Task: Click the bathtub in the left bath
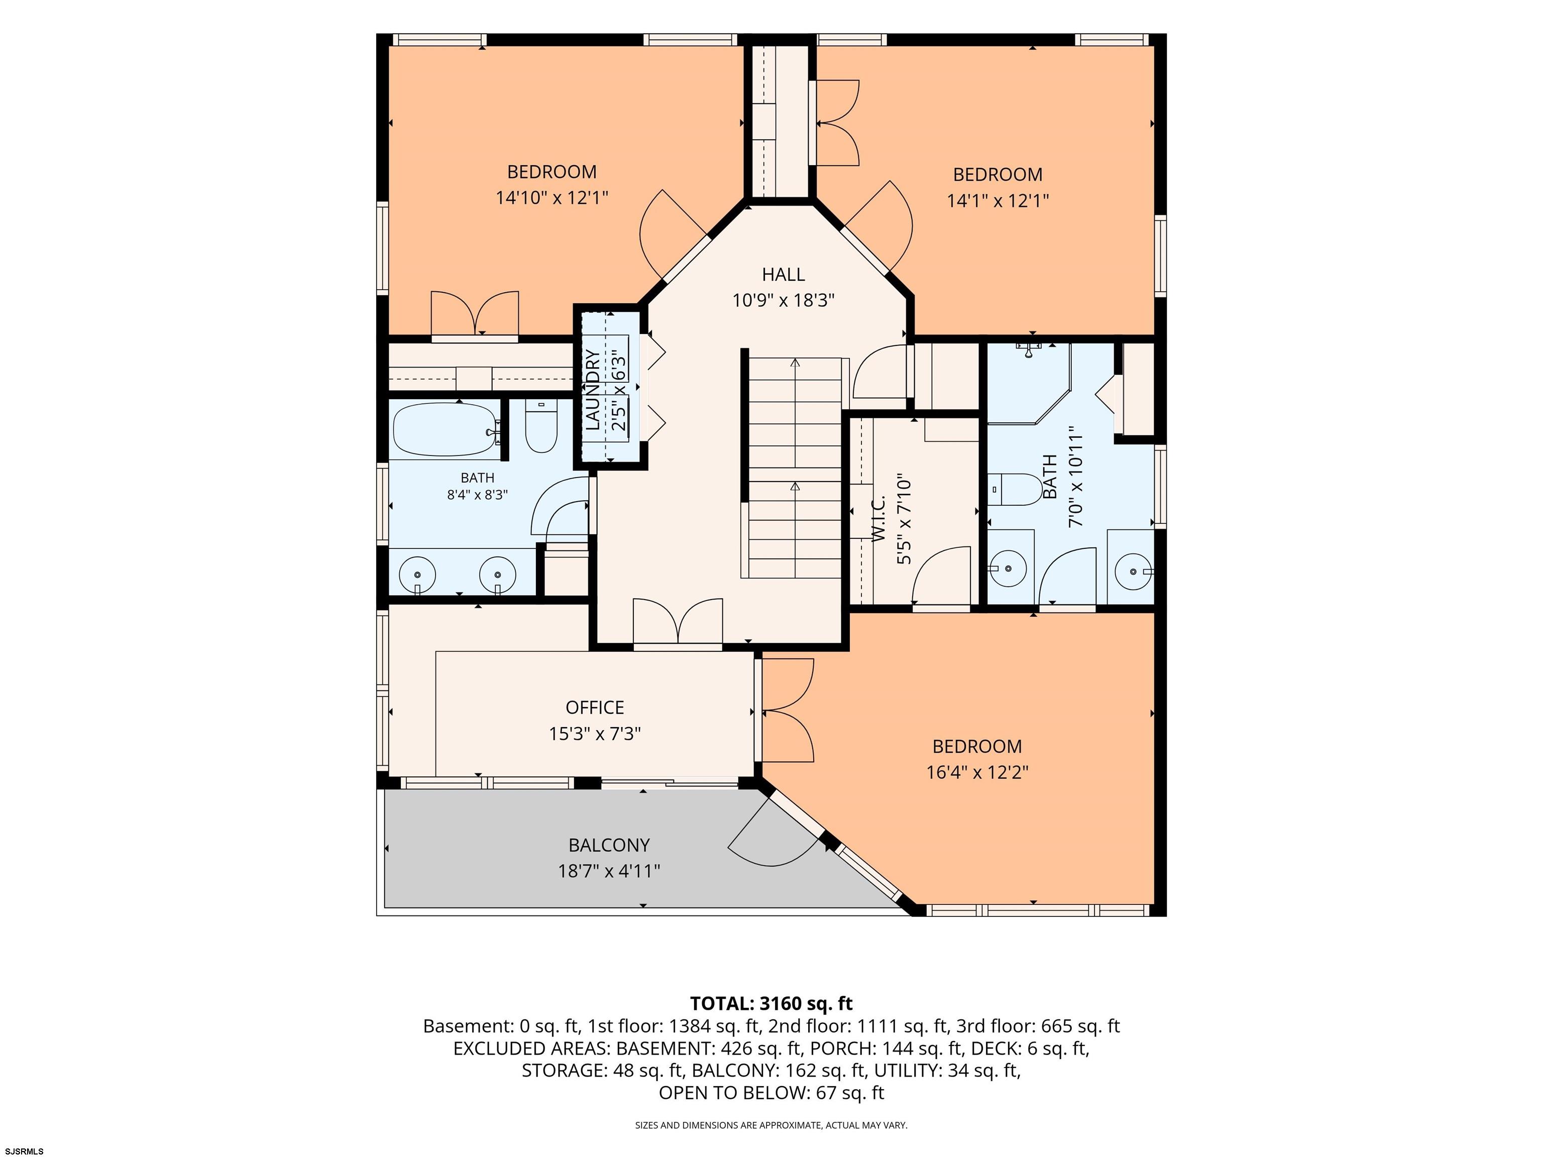(x=447, y=430)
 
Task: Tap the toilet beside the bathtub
(x=540, y=427)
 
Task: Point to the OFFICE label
(x=594, y=708)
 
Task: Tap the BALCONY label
(x=609, y=845)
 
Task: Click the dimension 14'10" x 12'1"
(x=552, y=198)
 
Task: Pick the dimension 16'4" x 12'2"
(x=977, y=773)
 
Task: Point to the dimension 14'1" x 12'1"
(x=998, y=201)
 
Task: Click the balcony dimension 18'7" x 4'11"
(x=609, y=871)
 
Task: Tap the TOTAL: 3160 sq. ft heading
(x=771, y=1003)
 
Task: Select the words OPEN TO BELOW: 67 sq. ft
(x=771, y=1093)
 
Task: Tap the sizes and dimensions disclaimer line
(x=771, y=1125)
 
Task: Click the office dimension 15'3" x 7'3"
(x=594, y=734)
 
